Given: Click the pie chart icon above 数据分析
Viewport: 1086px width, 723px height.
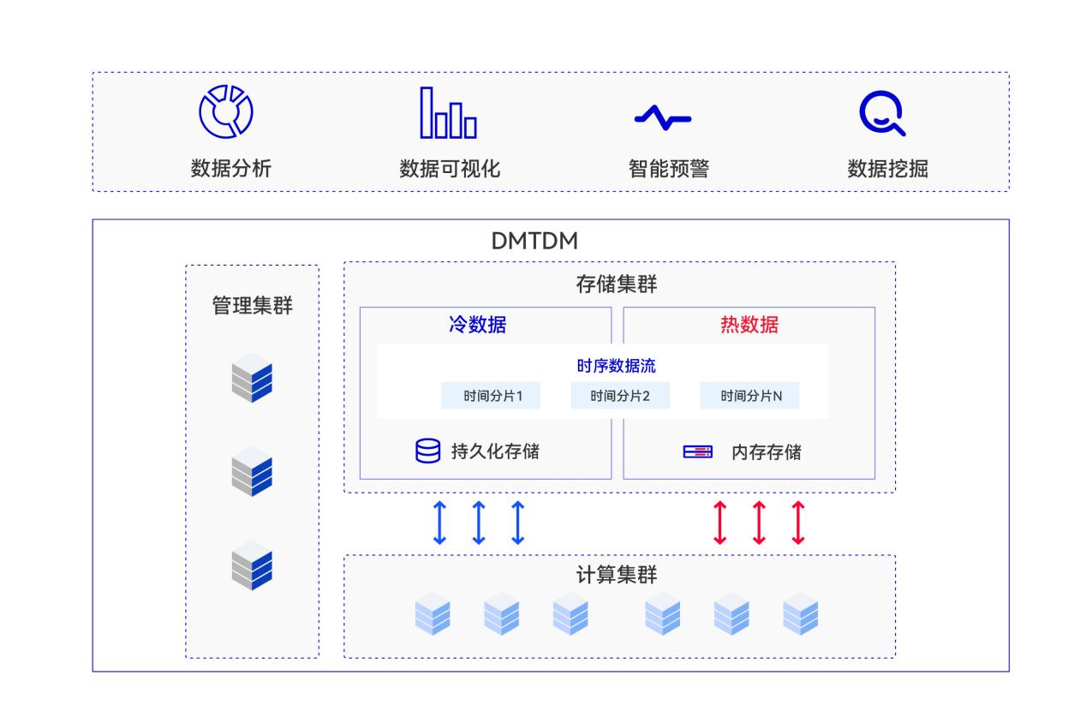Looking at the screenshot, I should [x=226, y=111].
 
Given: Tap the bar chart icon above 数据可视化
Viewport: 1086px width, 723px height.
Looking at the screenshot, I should [x=448, y=113].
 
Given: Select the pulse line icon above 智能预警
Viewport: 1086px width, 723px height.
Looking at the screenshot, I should [x=662, y=117].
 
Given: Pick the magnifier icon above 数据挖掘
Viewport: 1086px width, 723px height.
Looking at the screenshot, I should [x=882, y=114].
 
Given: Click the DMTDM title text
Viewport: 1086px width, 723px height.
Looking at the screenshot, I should [x=534, y=242].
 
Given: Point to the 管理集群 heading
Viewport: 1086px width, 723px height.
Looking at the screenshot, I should [x=252, y=305].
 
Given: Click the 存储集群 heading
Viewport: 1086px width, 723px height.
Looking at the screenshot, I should [x=617, y=284].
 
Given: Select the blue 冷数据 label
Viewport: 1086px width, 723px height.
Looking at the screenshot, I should [x=477, y=326].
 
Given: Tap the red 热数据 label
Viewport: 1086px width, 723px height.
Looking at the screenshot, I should [x=749, y=326].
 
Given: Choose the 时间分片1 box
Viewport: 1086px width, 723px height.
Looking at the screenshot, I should [x=492, y=396].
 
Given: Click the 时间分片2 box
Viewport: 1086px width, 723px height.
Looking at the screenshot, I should [x=620, y=396].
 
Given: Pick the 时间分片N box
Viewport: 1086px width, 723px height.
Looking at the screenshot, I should [x=750, y=396].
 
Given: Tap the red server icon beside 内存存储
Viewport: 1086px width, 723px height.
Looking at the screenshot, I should [x=697, y=451].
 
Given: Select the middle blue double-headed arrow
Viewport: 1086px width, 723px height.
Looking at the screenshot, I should [x=479, y=523].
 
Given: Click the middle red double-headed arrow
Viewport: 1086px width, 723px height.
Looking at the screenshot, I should [x=759, y=523].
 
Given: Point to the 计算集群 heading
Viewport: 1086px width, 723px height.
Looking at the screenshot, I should [x=617, y=576].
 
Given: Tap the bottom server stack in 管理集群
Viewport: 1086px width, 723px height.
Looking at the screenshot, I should [x=252, y=565].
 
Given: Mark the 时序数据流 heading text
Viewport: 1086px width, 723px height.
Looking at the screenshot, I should [x=617, y=366].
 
